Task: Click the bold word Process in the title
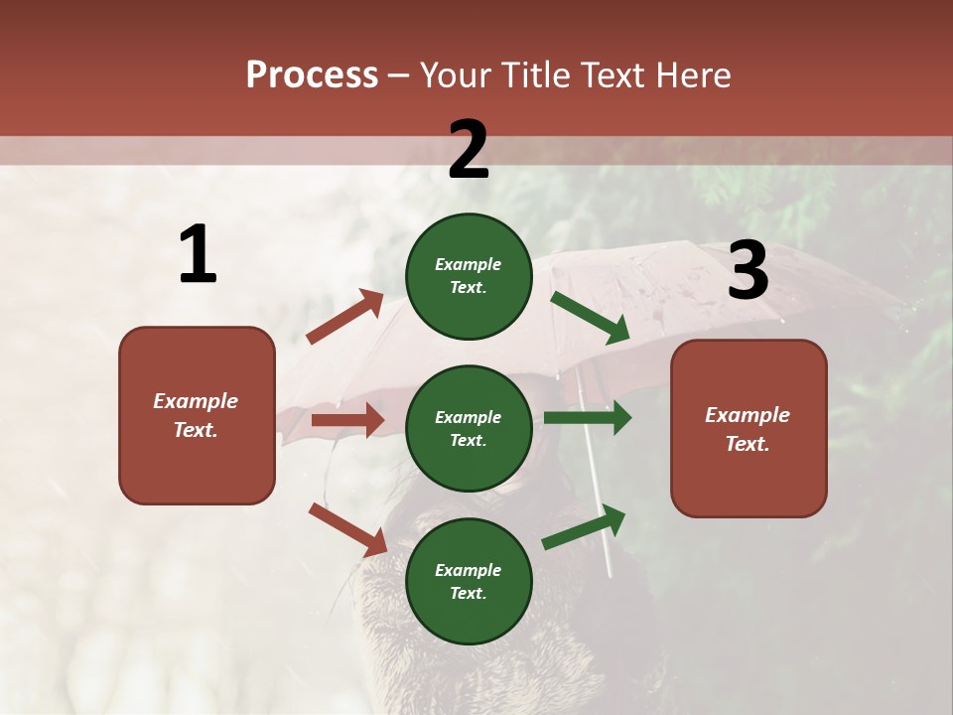pos(312,74)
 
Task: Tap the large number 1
pos(198,255)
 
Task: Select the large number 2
pos(469,150)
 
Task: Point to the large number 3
pos(748,270)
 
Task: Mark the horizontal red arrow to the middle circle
pos(347,420)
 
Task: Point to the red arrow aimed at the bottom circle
pos(347,529)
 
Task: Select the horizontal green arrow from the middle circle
pos(587,418)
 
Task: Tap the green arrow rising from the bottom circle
pos(584,527)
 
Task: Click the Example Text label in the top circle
pos(469,276)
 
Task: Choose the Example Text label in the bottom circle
pos(469,582)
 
